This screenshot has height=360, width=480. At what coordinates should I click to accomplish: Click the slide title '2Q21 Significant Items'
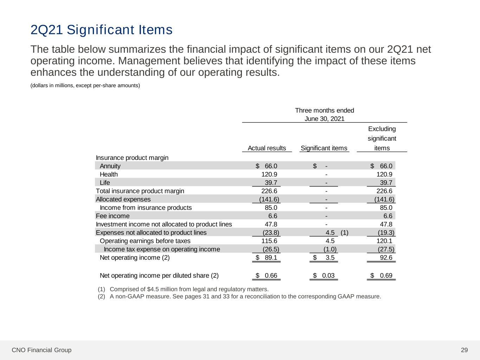point(101,30)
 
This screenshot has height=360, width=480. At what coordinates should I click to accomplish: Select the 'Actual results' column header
point(267,148)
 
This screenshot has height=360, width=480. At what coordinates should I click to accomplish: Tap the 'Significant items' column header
point(324,148)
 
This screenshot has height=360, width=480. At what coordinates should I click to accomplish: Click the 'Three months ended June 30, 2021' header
point(324,115)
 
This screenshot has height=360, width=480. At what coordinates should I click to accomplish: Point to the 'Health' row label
point(109,174)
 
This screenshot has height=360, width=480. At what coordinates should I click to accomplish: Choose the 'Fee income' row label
point(113,216)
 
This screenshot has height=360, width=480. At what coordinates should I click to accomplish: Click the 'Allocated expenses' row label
point(123,199)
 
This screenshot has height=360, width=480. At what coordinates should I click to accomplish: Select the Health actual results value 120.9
point(269,174)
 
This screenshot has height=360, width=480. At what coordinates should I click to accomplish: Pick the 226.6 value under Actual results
point(269,191)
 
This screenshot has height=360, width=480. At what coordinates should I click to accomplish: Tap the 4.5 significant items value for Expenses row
point(330,233)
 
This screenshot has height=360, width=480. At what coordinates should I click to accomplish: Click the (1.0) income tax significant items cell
point(330,249)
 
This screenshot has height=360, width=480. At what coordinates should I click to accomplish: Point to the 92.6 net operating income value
point(386,258)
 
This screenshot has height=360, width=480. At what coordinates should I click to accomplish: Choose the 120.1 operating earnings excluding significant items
point(384,241)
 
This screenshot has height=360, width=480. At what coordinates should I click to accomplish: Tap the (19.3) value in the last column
point(386,233)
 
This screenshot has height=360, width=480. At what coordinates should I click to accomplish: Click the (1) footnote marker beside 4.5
point(345,233)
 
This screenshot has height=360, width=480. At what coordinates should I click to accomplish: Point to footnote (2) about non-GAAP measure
point(239,296)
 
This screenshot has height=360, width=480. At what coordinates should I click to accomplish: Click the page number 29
point(464,350)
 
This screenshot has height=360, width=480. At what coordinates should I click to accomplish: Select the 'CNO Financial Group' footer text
point(41,350)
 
